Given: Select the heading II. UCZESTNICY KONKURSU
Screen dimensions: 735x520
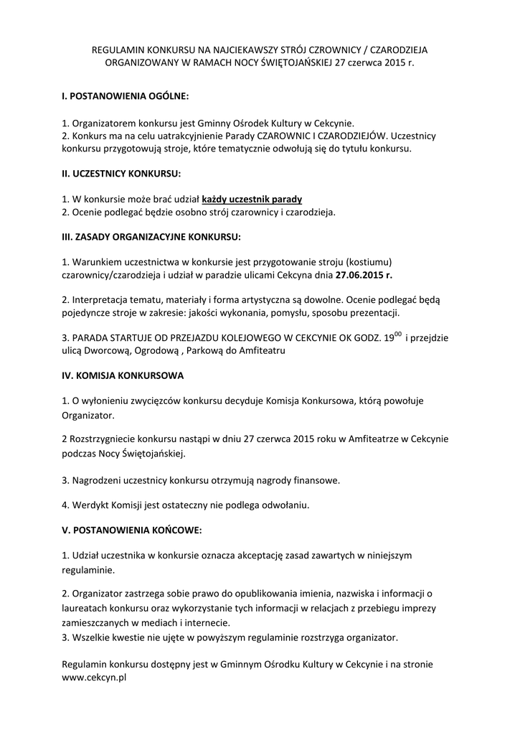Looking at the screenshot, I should (121, 174).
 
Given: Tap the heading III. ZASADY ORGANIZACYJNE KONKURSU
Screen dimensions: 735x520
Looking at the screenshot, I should (151, 236).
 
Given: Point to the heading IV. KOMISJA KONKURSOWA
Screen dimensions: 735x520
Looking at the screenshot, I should (123, 375).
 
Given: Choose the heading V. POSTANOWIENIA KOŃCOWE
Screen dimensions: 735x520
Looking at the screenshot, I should (132, 530).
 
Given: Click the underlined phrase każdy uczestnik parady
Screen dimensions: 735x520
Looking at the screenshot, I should (252, 199).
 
